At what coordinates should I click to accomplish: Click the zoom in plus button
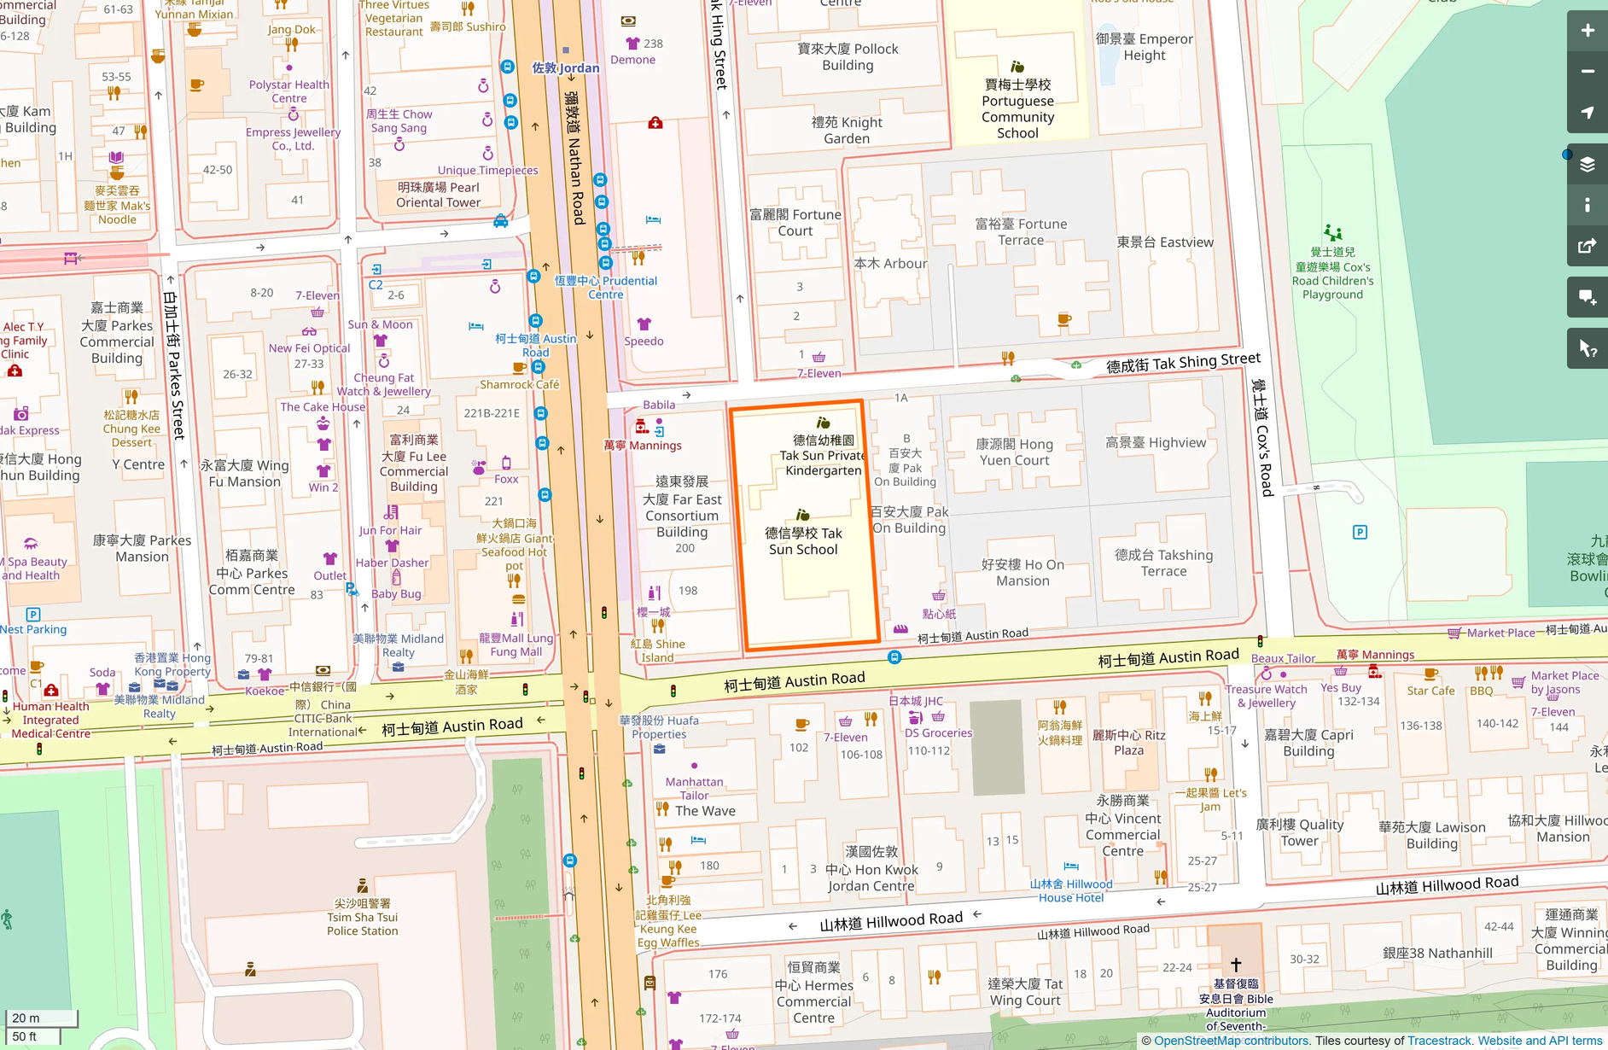pyautogui.click(x=1587, y=31)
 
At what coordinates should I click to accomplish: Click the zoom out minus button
pyautogui.click(x=1587, y=72)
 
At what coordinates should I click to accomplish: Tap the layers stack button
pyautogui.click(x=1587, y=164)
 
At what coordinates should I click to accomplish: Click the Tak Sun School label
pyautogui.click(x=803, y=541)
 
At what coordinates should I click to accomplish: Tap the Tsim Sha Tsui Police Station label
pyautogui.click(x=362, y=917)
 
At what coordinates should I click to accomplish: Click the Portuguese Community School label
pyautogui.click(x=1017, y=108)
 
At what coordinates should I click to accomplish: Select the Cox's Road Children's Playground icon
pyautogui.click(x=1332, y=232)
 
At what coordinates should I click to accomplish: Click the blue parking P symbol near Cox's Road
pyautogui.click(x=1360, y=532)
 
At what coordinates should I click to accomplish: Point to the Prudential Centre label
pyautogui.click(x=606, y=287)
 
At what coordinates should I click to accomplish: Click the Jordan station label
pyautogui.click(x=565, y=67)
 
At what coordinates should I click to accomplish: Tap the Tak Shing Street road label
pyautogui.click(x=1182, y=364)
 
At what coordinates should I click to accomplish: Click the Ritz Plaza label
pyautogui.click(x=1128, y=743)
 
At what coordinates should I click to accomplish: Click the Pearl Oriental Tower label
pyautogui.click(x=438, y=195)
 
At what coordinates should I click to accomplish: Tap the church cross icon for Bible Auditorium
pyautogui.click(x=1235, y=965)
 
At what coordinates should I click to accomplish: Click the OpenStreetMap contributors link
pyautogui.click(x=1231, y=1041)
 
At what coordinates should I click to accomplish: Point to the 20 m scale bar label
pyautogui.click(x=26, y=1018)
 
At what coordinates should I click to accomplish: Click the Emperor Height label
pyautogui.click(x=1144, y=47)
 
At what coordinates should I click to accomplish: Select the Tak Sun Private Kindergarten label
pyautogui.click(x=823, y=456)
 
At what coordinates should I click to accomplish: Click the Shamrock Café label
pyautogui.click(x=519, y=384)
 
